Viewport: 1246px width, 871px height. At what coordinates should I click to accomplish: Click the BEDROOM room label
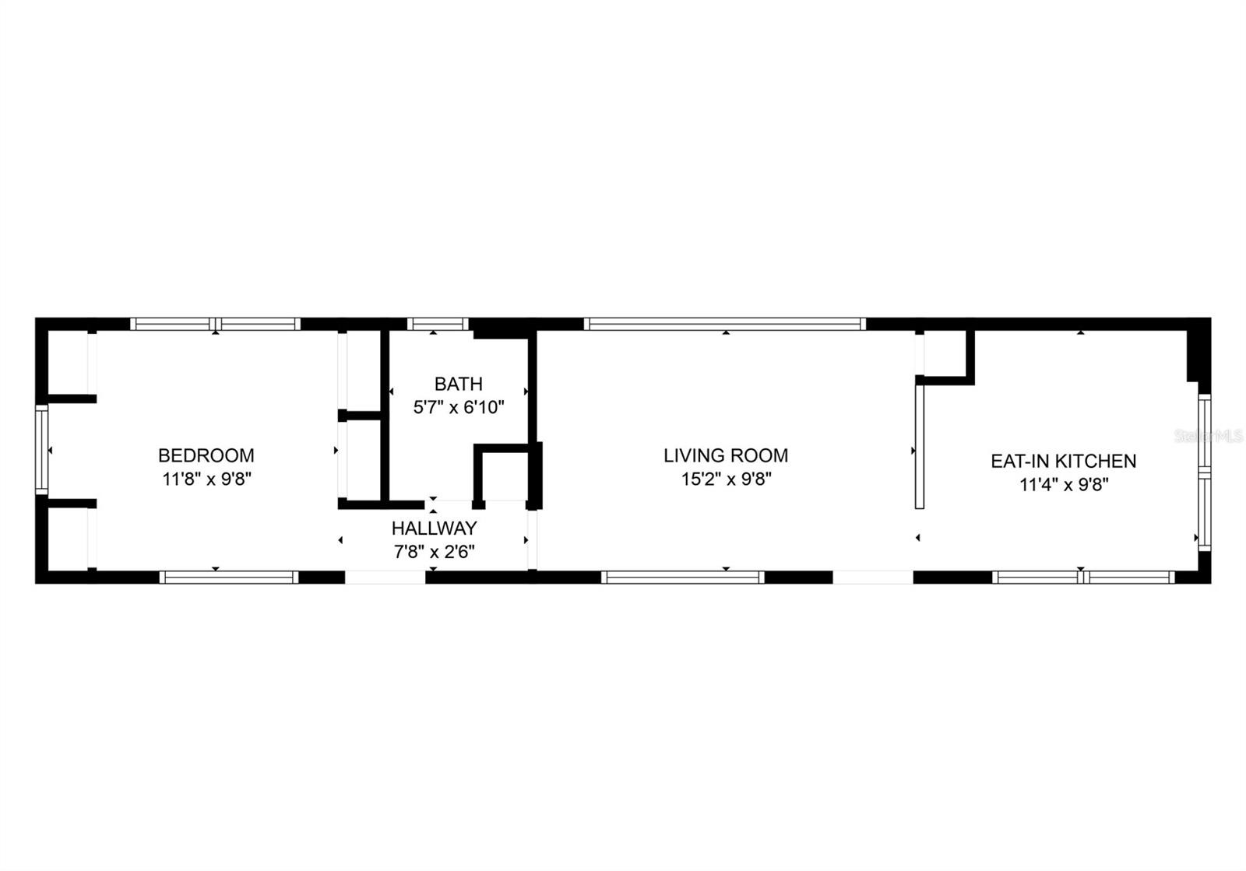point(206,455)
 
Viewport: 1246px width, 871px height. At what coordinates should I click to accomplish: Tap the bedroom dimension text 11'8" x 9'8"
point(207,479)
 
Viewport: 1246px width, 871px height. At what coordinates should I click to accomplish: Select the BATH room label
point(459,384)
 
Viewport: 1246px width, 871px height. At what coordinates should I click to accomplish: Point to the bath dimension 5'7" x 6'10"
point(459,407)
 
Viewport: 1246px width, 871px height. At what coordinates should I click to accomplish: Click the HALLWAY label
point(435,528)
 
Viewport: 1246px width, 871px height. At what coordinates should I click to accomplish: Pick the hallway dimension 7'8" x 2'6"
point(435,552)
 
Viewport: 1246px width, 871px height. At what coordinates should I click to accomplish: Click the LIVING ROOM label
point(726,455)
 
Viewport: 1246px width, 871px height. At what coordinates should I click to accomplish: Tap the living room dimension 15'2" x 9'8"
point(727,479)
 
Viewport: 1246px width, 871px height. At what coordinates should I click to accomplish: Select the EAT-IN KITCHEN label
point(1064,461)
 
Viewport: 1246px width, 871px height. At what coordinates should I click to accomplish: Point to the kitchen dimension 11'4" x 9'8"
point(1064,485)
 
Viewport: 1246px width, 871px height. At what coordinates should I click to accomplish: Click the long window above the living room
point(725,324)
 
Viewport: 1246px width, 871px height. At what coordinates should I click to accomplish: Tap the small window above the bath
point(438,324)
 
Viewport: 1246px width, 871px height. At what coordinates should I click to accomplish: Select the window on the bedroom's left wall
point(42,450)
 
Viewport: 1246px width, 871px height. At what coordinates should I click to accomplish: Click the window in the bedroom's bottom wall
point(229,578)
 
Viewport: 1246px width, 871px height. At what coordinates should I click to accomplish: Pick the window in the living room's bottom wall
point(683,578)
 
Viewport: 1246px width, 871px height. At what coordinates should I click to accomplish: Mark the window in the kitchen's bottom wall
point(1083,578)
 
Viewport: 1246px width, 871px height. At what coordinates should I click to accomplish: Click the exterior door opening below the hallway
point(385,578)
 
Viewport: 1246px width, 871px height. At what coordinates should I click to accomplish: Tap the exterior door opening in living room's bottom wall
point(873,578)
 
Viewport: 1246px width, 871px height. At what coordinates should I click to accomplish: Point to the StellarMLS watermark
point(1209,436)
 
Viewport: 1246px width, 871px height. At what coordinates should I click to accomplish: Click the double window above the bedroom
point(215,324)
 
